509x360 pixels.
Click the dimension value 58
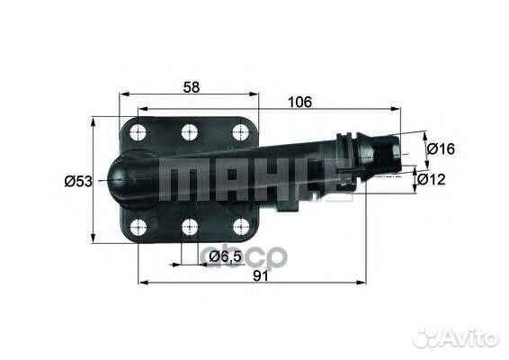(x=192, y=87)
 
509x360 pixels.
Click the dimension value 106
(x=299, y=102)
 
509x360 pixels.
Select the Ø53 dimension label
(x=78, y=181)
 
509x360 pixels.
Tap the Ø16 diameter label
(x=442, y=148)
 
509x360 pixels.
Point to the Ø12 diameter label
(x=432, y=179)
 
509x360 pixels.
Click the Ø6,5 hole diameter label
(x=225, y=257)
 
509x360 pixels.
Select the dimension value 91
(x=261, y=276)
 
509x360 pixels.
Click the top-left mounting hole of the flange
(x=138, y=132)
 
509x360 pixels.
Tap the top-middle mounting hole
(x=190, y=132)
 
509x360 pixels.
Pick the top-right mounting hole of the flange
(x=241, y=132)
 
